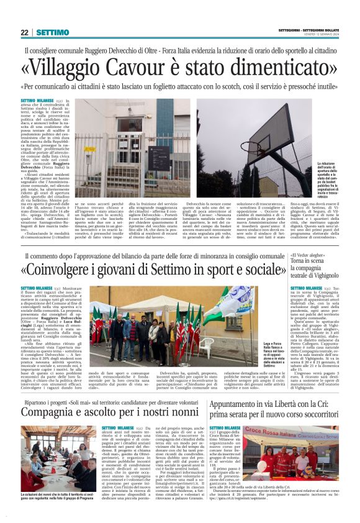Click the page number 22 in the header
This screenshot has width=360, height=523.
25,32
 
